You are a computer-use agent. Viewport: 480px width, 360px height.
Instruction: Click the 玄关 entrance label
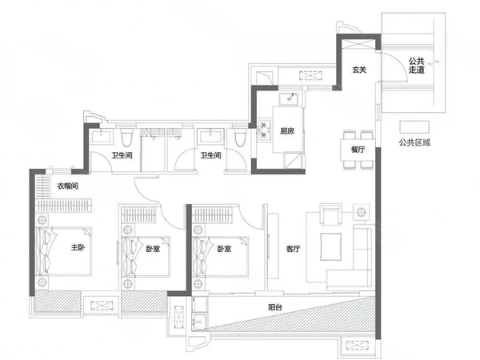click(x=359, y=70)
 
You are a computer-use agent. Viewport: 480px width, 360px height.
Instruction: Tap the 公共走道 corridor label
click(x=417, y=66)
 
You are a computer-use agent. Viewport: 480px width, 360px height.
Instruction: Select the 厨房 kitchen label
click(x=287, y=131)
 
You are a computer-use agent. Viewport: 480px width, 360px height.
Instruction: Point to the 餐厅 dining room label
click(x=358, y=150)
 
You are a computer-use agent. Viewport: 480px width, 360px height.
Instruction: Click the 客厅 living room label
click(x=293, y=249)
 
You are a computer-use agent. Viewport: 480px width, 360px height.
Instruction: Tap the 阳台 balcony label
click(x=275, y=307)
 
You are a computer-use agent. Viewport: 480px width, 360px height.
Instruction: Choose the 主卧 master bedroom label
click(x=78, y=247)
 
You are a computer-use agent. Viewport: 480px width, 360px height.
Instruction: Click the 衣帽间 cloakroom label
click(x=68, y=186)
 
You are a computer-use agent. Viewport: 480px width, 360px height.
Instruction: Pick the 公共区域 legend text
click(x=414, y=142)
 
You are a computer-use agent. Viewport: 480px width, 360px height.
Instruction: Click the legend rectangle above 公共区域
click(x=414, y=126)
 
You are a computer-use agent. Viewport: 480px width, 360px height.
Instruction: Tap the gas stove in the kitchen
click(x=263, y=130)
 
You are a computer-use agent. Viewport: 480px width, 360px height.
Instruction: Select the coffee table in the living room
click(x=331, y=246)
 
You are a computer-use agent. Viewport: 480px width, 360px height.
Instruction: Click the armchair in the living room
click(x=330, y=214)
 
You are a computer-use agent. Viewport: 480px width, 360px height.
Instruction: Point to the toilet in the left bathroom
click(x=126, y=137)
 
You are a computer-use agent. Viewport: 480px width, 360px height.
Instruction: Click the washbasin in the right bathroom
click(x=210, y=136)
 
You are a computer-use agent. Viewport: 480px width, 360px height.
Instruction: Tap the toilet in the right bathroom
click(x=240, y=137)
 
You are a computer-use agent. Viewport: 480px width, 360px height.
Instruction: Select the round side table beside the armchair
click(x=362, y=211)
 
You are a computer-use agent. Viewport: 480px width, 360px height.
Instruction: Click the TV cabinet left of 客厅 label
click(x=273, y=246)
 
